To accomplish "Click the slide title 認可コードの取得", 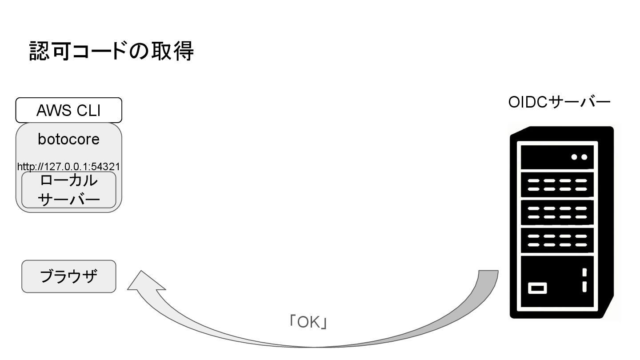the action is (111, 51).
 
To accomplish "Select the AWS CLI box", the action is (68, 110).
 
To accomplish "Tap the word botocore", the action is (68, 139).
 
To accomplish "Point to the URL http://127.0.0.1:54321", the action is (68, 167).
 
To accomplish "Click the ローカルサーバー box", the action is (68, 190).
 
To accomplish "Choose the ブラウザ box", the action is (68, 276).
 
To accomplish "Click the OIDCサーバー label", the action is (559, 102).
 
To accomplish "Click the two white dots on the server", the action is (579, 157).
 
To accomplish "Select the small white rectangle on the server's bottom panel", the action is (537, 288).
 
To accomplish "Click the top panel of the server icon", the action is (557, 157).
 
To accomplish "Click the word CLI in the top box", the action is (88, 110).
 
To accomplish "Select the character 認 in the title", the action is (39, 51).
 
